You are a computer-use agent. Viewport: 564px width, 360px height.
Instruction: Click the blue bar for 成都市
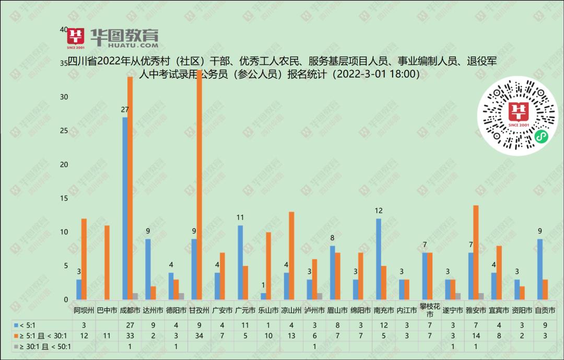[125, 208]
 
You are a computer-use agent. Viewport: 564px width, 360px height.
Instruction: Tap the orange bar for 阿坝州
[85, 259]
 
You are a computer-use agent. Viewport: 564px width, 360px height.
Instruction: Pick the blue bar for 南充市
[378, 259]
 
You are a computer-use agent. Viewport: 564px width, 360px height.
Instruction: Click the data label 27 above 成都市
[125, 110]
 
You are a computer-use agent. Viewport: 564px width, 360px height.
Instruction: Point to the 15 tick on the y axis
[64, 198]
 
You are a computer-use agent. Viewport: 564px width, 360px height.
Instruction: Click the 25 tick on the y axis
[64, 131]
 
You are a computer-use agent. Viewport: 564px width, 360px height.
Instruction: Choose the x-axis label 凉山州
[291, 310]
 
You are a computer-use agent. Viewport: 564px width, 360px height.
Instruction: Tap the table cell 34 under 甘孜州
[199, 336]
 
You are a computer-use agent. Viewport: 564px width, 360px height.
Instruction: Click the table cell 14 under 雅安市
[476, 336]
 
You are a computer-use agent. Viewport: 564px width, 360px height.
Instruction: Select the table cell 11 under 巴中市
[107, 336]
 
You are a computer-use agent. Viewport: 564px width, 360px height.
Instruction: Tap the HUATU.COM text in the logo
[124, 45]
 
